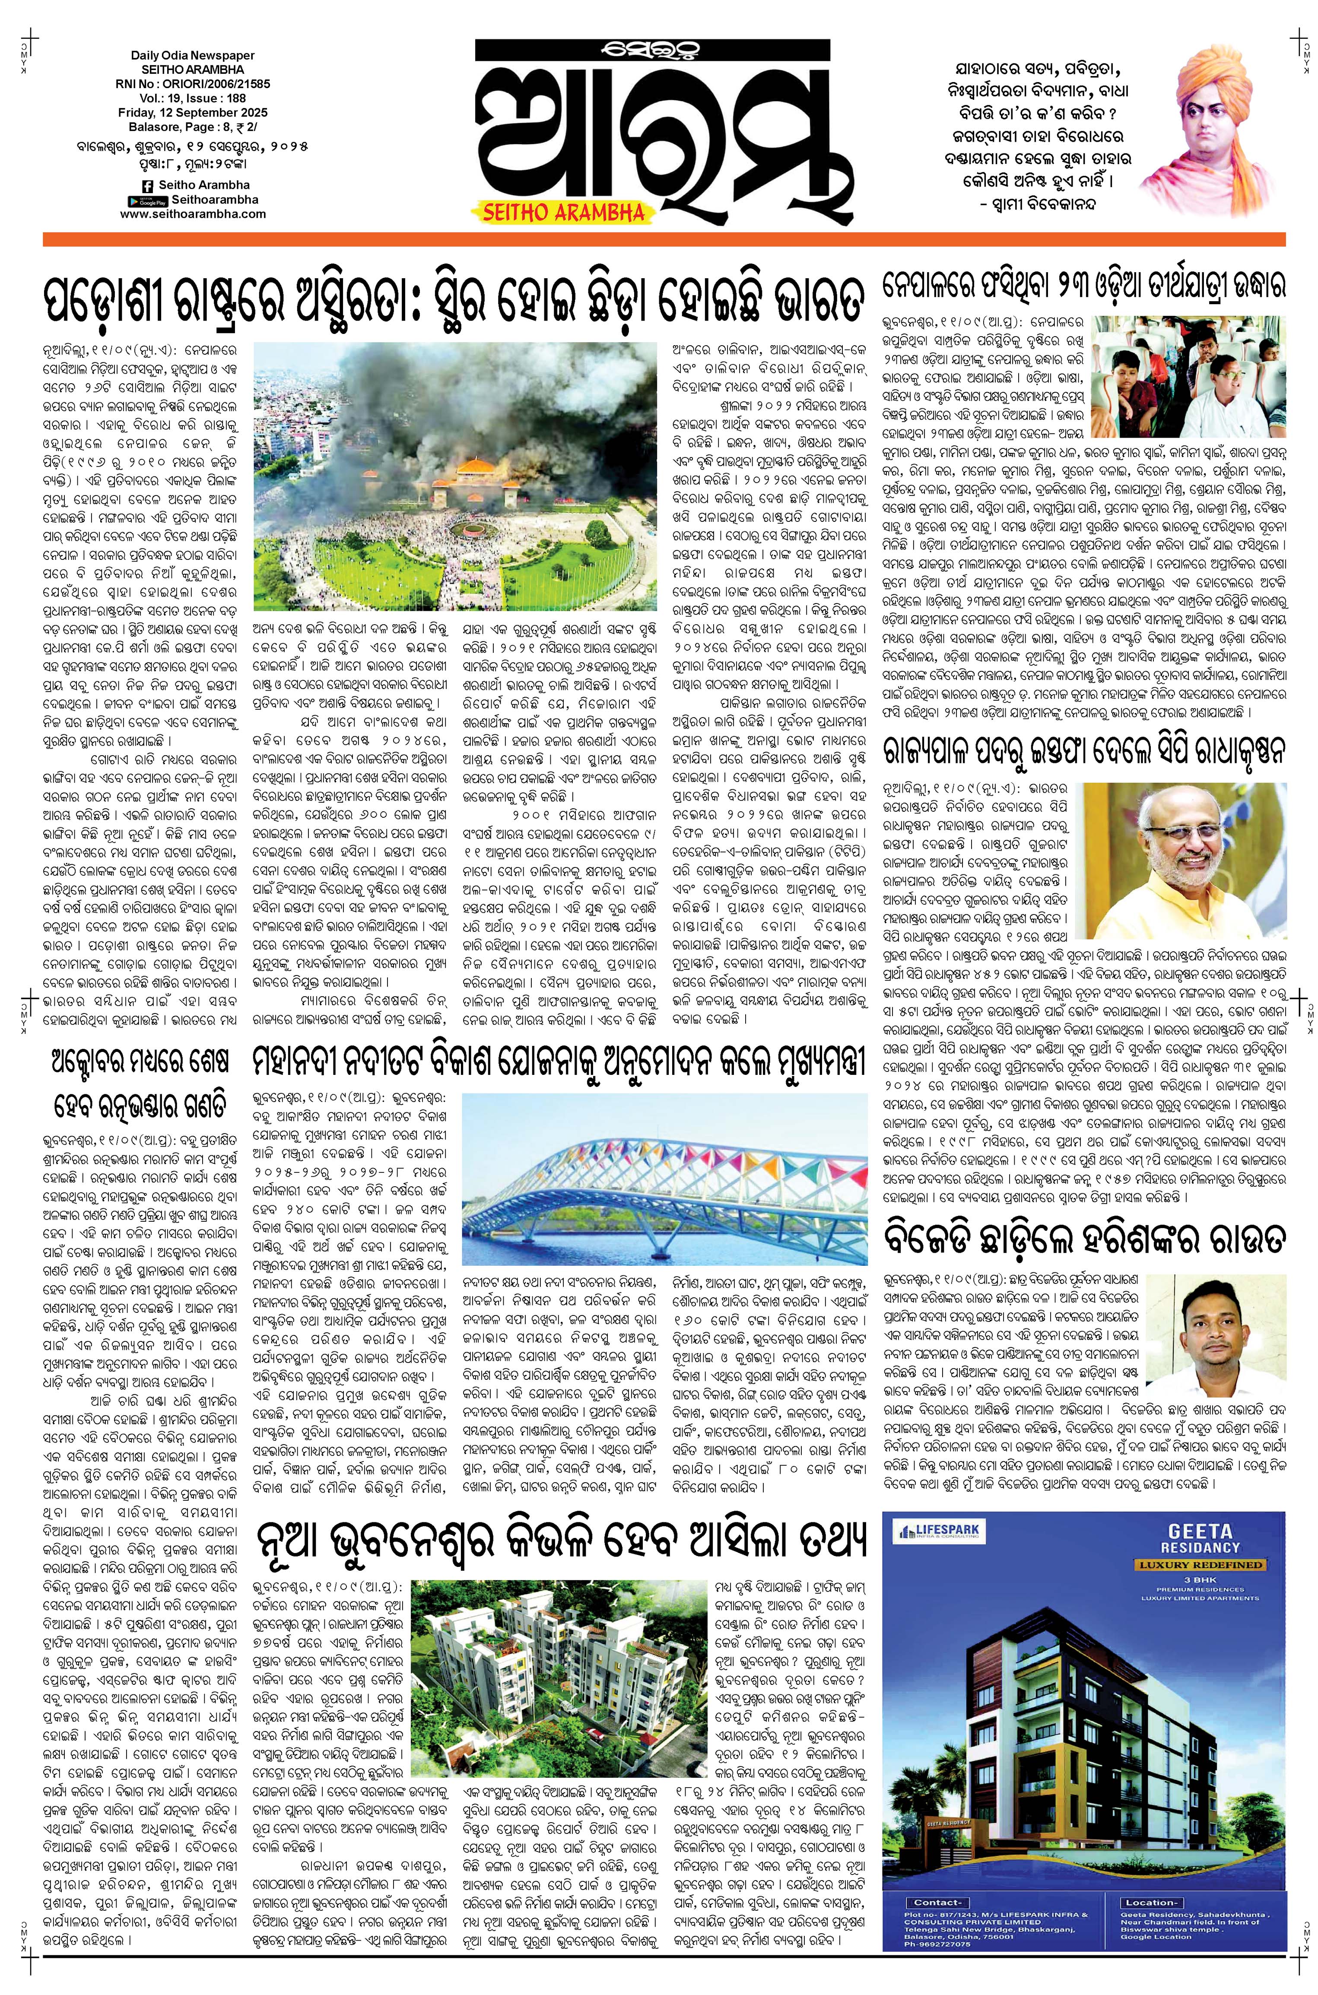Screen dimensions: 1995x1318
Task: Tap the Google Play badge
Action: [x=148, y=200]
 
